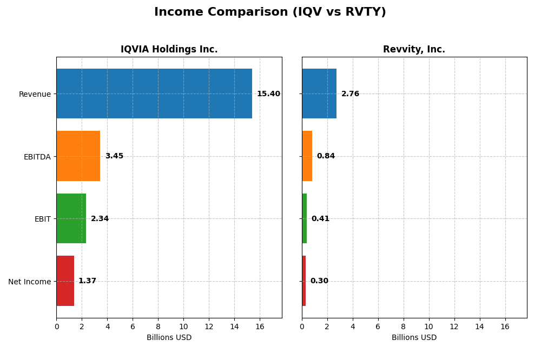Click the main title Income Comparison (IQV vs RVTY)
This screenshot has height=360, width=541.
point(270,12)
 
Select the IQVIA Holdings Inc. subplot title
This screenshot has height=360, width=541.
point(169,49)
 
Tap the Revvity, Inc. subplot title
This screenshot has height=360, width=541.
point(414,49)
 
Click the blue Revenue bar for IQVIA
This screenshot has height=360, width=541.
point(154,94)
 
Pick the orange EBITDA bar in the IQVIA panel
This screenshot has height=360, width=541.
point(78,156)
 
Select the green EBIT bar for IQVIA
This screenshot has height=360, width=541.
point(71,218)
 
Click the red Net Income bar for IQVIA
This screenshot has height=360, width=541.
point(65,281)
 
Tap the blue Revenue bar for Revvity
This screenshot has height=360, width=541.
point(319,94)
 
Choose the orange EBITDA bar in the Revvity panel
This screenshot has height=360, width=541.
point(307,156)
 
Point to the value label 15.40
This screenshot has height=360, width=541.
point(268,94)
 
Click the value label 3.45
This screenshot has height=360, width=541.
point(114,156)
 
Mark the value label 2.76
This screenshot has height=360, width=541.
point(350,94)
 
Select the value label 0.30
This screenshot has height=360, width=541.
point(319,281)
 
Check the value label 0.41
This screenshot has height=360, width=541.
point(320,219)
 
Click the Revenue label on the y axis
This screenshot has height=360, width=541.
point(35,94)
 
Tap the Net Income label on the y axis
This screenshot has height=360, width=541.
point(30,282)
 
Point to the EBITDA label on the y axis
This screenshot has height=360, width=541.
point(37,157)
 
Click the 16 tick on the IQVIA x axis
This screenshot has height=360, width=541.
point(260,327)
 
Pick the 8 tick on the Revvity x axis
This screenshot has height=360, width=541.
point(404,327)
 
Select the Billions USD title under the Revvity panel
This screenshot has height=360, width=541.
point(414,338)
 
